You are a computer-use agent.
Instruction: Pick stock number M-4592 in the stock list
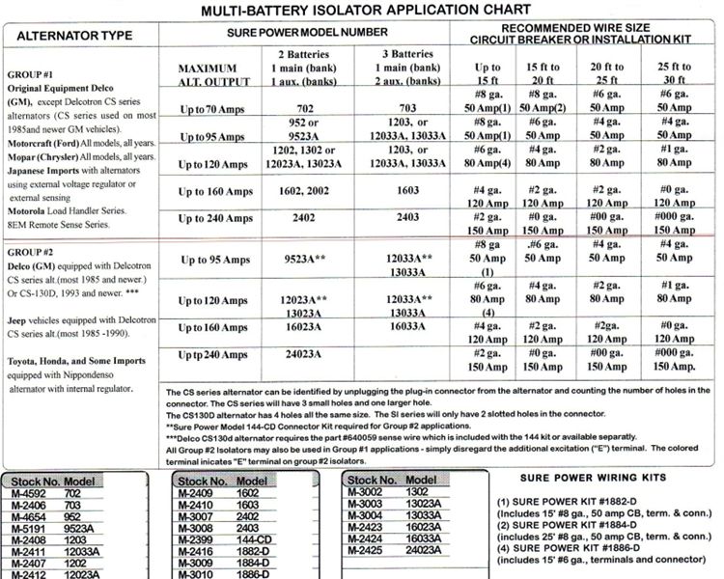(26, 492)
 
